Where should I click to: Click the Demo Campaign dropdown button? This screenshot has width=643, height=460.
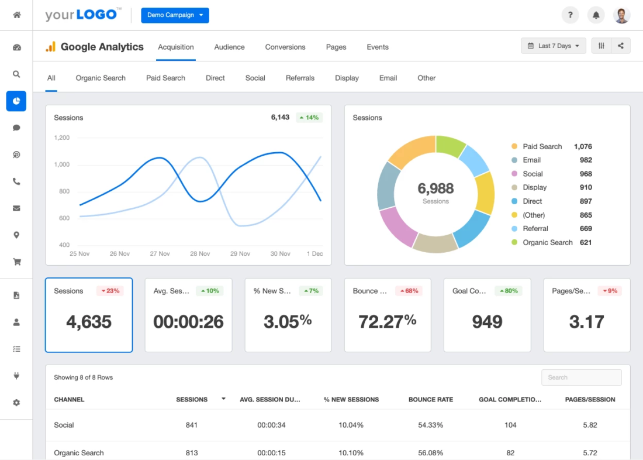[x=175, y=15]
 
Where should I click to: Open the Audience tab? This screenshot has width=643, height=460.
[x=229, y=47]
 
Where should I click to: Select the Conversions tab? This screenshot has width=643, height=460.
[x=285, y=47]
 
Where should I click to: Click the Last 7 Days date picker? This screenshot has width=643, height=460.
[x=553, y=46]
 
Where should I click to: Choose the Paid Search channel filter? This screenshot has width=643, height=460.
[x=165, y=78]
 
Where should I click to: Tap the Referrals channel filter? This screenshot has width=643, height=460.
[x=300, y=78]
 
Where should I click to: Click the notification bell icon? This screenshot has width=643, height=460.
[x=596, y=15]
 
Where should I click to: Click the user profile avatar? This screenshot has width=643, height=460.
[x=622, y=15]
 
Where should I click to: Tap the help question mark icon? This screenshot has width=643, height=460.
[x=570, y=15]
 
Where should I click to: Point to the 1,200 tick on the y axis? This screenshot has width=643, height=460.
[x=62, y=138]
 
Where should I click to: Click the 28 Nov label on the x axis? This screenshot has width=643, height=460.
[x=200, y=254]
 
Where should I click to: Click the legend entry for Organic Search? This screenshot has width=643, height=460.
[x=547, y=242]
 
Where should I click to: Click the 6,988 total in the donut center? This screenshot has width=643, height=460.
[x=435, y=188]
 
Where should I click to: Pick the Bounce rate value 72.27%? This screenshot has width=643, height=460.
[x=387, y=321]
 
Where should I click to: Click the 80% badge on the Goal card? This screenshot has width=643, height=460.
[x=508, y=291]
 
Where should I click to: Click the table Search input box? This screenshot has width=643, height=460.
[x=581, y=377]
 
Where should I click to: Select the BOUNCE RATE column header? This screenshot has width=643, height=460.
[x=431, y=400]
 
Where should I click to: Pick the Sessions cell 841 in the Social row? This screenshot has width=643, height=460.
[x=192, y=425]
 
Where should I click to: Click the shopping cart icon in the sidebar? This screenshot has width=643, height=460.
[x=16, y=262]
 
